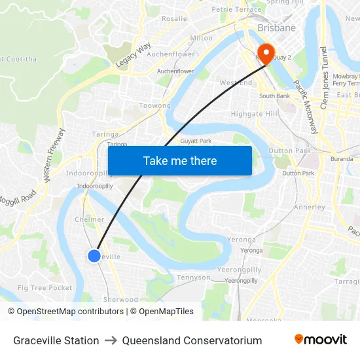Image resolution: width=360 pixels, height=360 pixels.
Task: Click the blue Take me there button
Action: [x=180, y=160]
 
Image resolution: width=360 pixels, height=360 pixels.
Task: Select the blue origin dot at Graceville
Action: [x=94, y=256]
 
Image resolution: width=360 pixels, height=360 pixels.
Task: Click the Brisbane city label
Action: [x=276, y=28]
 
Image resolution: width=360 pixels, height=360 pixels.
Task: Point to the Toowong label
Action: [x=154, y=105]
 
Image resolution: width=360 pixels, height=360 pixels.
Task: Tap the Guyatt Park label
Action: [x=196, y=141]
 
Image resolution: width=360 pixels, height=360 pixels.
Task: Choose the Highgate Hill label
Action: [x=255, y=113]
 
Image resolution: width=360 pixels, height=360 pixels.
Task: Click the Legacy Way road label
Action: [x=134, y=55]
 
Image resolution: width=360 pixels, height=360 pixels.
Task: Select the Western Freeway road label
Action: [x=54, y=155]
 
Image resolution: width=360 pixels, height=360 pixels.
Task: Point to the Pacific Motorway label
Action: [x=306, y=107]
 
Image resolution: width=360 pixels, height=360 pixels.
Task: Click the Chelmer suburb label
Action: [x=90, y=219]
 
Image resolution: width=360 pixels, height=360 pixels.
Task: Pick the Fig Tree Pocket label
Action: [x=45, y=288]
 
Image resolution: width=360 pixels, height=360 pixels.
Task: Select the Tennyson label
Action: [x=194, y=278]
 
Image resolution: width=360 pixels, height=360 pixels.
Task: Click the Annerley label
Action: [x=310, y=207]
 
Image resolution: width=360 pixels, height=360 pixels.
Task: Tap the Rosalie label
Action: [x=174, y=19]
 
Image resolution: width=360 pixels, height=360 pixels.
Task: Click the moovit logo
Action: [x=321, y=340]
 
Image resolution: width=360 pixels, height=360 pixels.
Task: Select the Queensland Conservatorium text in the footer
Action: [x=192, y=340]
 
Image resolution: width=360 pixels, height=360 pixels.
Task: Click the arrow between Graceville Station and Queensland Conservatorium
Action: [x=111, y=340]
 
